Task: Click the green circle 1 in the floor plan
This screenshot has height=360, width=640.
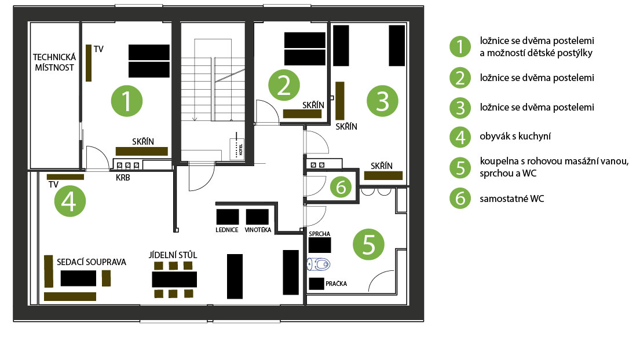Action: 126,101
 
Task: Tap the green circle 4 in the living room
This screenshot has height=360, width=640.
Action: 70,201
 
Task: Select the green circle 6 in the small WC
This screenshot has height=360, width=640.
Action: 341,187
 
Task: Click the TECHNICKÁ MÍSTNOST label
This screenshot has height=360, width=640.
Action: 54,63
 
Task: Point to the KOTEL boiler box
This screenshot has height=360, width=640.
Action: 237,149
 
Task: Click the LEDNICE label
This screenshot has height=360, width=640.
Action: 227,230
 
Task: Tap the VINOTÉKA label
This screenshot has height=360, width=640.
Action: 258,230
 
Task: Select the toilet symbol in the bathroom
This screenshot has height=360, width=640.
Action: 319,264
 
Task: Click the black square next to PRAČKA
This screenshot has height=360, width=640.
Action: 316,284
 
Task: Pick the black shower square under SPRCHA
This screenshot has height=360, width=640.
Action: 320,245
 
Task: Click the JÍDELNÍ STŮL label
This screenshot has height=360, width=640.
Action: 173,255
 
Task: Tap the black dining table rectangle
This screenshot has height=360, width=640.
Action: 174,280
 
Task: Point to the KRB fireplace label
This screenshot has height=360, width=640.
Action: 123,178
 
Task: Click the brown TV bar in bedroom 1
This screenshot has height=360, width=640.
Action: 89,63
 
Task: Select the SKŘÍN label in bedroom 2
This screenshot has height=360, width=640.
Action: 313,105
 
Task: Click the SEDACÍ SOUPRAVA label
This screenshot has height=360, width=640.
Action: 92,262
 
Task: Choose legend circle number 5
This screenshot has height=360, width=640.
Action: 460,168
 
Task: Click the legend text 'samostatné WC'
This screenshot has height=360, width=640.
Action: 512,199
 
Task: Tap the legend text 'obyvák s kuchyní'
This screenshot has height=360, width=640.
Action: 515,136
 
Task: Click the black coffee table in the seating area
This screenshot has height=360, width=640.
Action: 78,278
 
